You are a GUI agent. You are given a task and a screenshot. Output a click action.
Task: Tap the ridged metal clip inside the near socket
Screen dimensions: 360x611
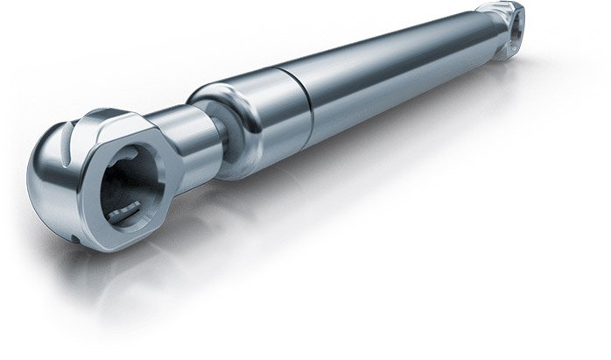[127, 208]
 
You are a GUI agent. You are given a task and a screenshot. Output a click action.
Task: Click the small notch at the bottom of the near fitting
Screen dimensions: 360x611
[76, 238]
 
